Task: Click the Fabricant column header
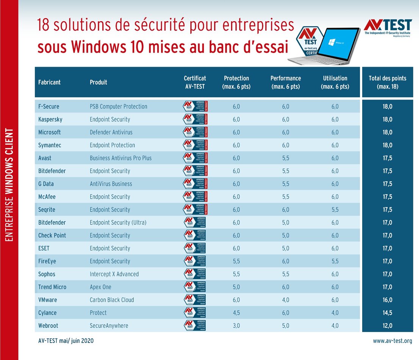(49, 82)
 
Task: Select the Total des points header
(387, 82)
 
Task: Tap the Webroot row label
(48, 326)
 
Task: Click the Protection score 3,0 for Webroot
(236, 326)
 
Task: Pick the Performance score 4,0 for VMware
(285, 300)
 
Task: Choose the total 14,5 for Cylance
(387, 313)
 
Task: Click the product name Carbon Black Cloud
(112, 300)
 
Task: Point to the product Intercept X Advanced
(114, 274)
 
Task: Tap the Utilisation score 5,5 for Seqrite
(335, 210)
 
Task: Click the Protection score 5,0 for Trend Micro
(236, 287)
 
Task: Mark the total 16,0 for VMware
(387, 300)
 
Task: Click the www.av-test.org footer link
(392, 341)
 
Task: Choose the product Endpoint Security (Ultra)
(118, 223)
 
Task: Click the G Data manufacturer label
(46, 184)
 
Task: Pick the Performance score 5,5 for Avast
(285, 158)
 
